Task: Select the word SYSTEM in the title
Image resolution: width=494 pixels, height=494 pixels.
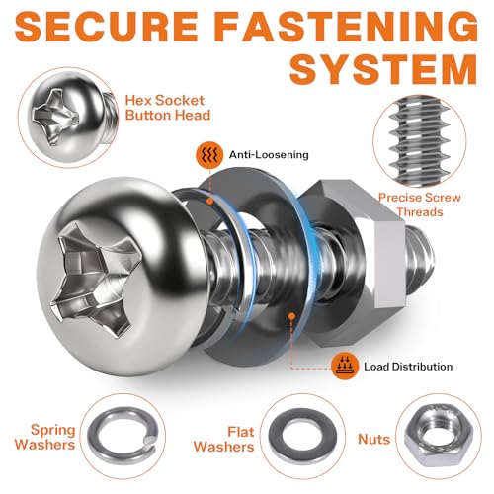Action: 383,69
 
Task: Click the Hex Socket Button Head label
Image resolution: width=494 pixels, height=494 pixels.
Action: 168,108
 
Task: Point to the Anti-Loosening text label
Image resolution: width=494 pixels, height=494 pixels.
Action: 269,155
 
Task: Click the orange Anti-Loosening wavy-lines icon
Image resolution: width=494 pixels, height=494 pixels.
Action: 209,155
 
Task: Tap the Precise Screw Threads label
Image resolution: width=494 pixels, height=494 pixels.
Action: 420,205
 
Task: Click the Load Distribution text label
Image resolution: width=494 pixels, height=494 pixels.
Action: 408,367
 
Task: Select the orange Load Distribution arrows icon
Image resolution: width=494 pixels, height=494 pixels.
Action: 345,366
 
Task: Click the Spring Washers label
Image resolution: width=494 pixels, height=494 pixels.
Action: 45,437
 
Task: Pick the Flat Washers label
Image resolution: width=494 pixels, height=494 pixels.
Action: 224,439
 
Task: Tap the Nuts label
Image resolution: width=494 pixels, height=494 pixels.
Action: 374,440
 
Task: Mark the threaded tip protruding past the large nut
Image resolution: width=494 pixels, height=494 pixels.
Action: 419,261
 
